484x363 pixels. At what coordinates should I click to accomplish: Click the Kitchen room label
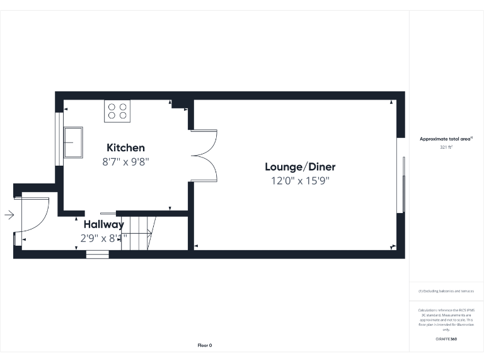[125, 148]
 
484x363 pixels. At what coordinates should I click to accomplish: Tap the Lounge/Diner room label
[300, 167]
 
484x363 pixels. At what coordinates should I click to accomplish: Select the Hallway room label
[103, 224]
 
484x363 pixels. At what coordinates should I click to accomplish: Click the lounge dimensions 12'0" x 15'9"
[300, 181]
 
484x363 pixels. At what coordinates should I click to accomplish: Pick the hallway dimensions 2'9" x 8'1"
[103, 238]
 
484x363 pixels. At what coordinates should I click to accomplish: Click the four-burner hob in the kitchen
[117, 111]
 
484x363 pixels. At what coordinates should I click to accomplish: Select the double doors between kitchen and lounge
[204, 156]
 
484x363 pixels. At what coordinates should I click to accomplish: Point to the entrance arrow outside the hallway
[9, 215]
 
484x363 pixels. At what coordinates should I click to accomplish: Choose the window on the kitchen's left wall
[59, 139]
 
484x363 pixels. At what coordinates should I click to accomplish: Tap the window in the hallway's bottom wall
[97, 254]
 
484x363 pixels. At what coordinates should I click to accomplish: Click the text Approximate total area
[446, 138]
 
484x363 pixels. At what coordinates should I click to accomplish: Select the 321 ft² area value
[446, 147]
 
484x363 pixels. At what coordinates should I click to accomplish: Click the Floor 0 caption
[205, 345]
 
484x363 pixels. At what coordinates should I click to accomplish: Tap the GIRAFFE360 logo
[446, 339]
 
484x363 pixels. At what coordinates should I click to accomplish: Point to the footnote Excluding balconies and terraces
[446, 291]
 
